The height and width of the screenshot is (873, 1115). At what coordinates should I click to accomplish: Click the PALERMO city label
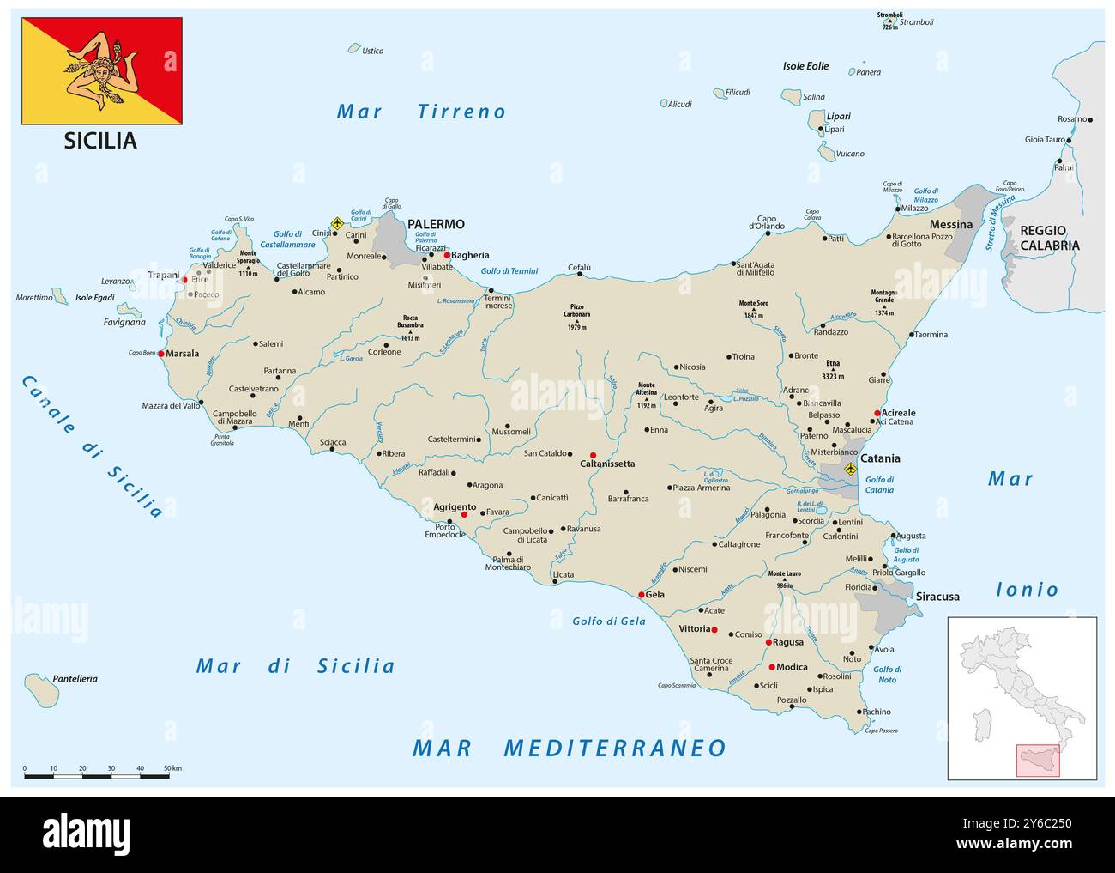(x=436, y=224)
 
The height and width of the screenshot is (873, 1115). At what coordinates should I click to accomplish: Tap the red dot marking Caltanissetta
(x=593, y=455)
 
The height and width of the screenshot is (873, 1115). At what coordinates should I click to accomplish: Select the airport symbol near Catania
(x=850, y=469)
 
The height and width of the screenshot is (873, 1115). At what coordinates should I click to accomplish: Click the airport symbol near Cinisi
(x=337, y=223)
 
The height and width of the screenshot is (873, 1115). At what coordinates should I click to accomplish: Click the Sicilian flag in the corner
(x=102, y=71)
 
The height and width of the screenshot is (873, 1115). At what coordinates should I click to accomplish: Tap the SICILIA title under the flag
(x=100, y=141)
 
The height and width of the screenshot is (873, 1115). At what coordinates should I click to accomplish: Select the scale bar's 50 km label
(x=172, y=768)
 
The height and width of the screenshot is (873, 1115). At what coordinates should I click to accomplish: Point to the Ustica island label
(x=372, y=51)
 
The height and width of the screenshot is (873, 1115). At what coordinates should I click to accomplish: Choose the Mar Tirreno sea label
(x=421, y=112)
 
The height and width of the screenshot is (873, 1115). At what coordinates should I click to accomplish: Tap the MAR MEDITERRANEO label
(x=570, y=748)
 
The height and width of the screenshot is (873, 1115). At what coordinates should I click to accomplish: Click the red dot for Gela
(x=641, y=595)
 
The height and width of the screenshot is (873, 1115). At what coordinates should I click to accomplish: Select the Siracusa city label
(x=937, y=596)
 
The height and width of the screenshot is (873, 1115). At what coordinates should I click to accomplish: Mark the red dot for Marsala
(x=161, y=353)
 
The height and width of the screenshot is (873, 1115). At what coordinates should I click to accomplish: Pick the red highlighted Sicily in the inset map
(x=1037, y=761)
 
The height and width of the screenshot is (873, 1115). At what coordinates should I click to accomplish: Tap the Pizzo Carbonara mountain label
(x=577, y=311)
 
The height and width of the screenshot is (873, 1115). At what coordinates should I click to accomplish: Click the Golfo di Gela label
(x=608, y=621)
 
